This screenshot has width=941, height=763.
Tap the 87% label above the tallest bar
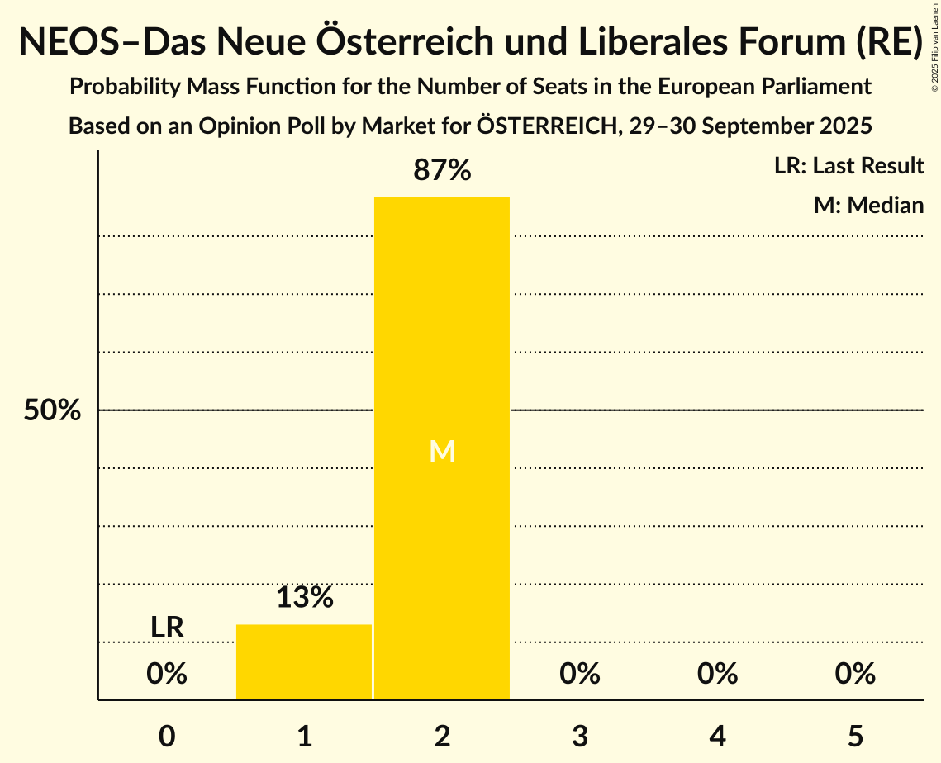[x=442, y=171]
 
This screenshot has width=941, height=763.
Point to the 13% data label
[x=304, y=598]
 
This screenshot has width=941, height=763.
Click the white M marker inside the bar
[x=442, y=451]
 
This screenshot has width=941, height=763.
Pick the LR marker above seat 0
[x=167, y=628]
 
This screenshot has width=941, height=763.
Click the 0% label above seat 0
[x=167, y=675]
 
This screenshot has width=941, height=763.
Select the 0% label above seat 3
[x=579, y=675]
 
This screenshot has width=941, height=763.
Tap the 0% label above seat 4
[x=717, y=675]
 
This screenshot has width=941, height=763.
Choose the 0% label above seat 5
[x=854, y=675]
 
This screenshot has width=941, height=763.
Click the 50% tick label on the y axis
[x=52, y=410]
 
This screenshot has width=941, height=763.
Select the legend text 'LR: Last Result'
[x=848, y=166]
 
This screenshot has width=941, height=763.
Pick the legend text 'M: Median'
[x=868, y=205]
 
